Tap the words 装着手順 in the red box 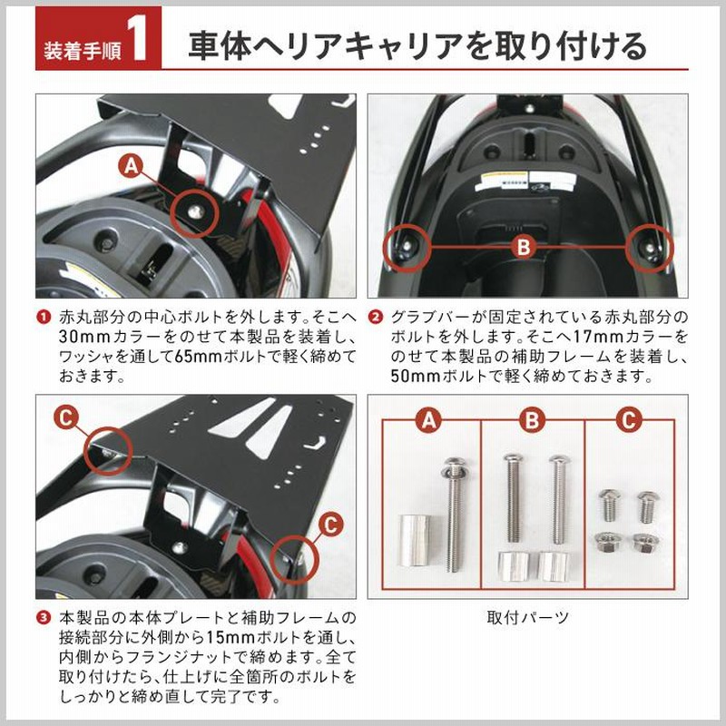point(82,50)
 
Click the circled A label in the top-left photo point(131,165)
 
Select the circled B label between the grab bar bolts point(523,247)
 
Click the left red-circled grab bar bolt point(407,246)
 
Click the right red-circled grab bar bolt point(651,248)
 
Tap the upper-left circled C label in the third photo point(66,418)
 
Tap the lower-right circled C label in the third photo point(331,525)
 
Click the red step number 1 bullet point(44,318)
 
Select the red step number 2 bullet point(375,318)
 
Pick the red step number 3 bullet point(44,618)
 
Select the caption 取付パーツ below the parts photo point(528,617)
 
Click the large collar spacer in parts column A point(414,540)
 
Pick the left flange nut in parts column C point(606,543)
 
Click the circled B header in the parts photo point(532,420)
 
